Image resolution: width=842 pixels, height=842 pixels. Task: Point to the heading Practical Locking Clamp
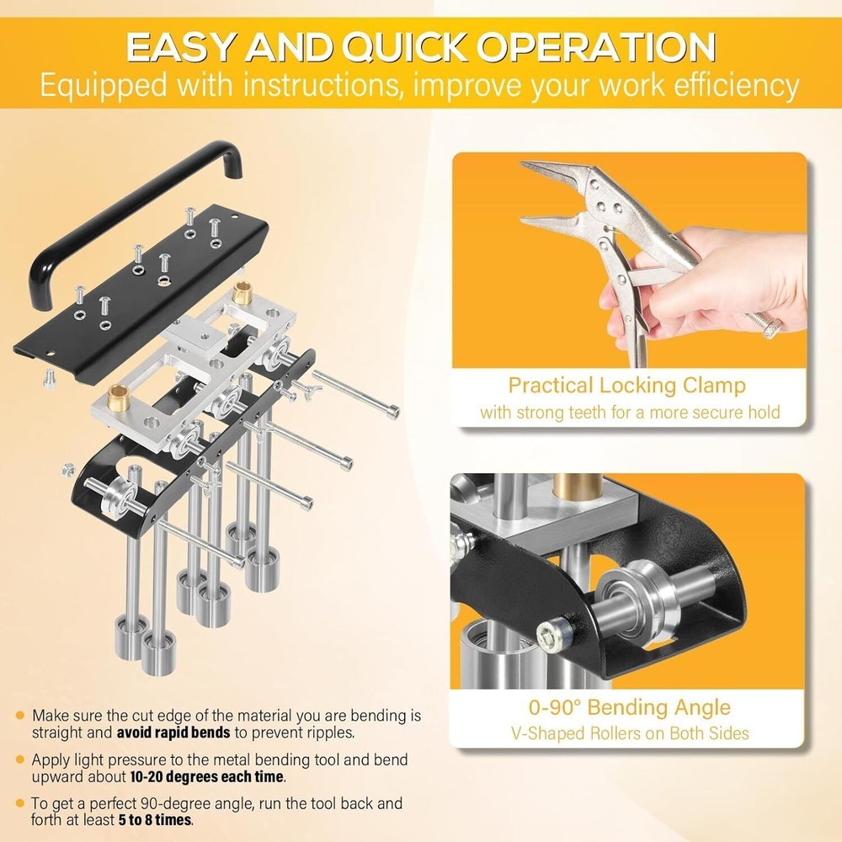[627, 386]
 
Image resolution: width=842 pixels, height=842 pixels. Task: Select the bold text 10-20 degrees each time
[209, 776]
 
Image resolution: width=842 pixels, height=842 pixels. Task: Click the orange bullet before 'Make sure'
[19, 716]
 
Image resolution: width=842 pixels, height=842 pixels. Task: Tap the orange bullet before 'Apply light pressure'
[19, 760]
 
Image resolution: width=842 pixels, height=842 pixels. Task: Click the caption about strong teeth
[630, 413]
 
